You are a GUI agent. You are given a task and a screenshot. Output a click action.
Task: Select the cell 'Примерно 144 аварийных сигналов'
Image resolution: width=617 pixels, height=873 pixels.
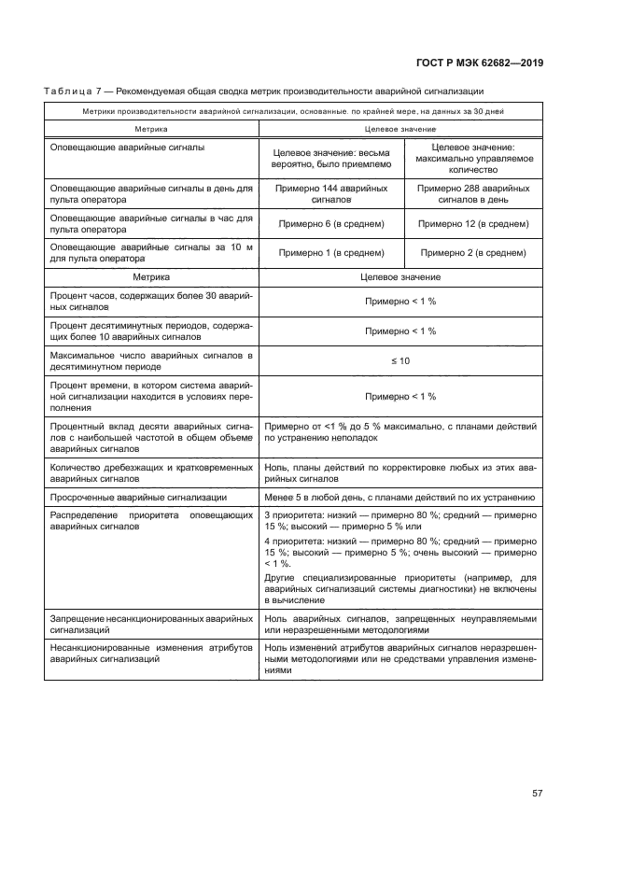[331, 193]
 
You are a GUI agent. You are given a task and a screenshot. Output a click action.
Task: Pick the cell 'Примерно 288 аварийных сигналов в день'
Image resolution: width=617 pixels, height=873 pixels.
[473, 193]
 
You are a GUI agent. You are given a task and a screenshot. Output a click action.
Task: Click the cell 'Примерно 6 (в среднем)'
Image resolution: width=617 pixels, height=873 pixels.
[331, 224]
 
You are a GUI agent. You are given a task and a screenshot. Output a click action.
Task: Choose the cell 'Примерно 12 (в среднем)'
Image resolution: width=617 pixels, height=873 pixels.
[473, 224]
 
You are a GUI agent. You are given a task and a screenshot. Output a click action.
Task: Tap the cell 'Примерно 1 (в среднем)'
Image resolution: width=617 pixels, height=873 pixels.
[331, 253]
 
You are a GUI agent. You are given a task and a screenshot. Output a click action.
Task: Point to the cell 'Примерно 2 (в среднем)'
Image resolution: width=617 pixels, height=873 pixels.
[473, 253]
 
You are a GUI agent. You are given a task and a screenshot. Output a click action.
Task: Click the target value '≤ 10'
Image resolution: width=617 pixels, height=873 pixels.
[400, 360]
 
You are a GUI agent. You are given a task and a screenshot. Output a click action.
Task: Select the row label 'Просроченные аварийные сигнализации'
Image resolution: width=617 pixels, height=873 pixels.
[139, 497]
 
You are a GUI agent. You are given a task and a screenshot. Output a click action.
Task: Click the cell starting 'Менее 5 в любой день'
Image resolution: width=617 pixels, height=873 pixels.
[400, 497]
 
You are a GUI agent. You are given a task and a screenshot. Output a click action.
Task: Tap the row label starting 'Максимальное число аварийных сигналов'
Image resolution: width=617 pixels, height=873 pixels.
[150, 360]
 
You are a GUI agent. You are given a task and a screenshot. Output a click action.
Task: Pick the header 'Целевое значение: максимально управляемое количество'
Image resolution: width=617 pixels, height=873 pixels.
[473, 159]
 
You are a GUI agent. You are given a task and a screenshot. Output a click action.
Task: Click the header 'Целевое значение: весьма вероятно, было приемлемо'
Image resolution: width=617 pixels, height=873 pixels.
[331, 159]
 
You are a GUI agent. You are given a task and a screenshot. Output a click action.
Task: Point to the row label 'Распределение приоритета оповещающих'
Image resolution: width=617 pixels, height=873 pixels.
[150, 520]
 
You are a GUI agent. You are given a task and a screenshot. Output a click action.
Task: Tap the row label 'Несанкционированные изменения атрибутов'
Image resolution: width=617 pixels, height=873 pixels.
[150, 653]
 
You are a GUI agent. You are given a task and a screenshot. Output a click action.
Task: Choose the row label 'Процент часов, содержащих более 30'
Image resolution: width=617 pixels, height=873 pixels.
[150, 301]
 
